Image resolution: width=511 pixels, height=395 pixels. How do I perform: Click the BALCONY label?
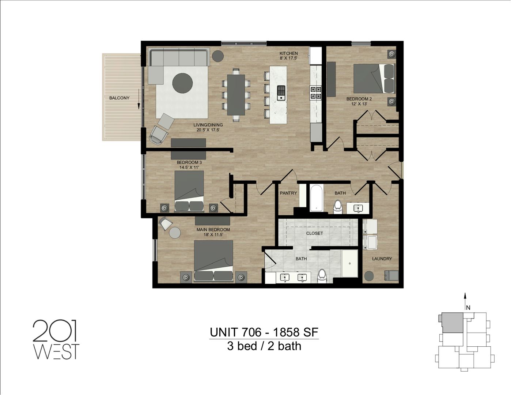tap(119, 98)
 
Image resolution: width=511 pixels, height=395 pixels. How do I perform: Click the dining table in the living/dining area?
tap(236, 95)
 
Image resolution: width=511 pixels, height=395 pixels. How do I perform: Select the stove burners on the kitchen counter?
tap(315, 93)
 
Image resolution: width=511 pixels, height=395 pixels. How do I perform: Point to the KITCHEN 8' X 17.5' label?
tap(288, 56)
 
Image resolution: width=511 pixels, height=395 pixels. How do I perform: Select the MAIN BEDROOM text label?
tap(213, 230)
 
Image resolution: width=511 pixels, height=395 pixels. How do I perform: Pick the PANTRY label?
tap(288, 193)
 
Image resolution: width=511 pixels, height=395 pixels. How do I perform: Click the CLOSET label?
tap(314, 233)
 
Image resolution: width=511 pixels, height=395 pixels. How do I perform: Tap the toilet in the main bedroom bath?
tap(322, 275)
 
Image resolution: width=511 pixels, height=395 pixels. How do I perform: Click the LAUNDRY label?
tap(382, 259)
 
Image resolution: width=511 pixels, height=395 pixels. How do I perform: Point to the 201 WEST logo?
tap(56, 340)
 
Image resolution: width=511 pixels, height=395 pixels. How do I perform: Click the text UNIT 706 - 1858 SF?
tap(264, 332)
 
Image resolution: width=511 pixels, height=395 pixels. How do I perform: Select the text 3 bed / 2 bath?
tap(264, 346)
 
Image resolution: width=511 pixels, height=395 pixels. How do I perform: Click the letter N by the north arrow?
tap(468, 308)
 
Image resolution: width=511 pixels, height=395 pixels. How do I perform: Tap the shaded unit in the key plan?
tap(453, 323)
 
